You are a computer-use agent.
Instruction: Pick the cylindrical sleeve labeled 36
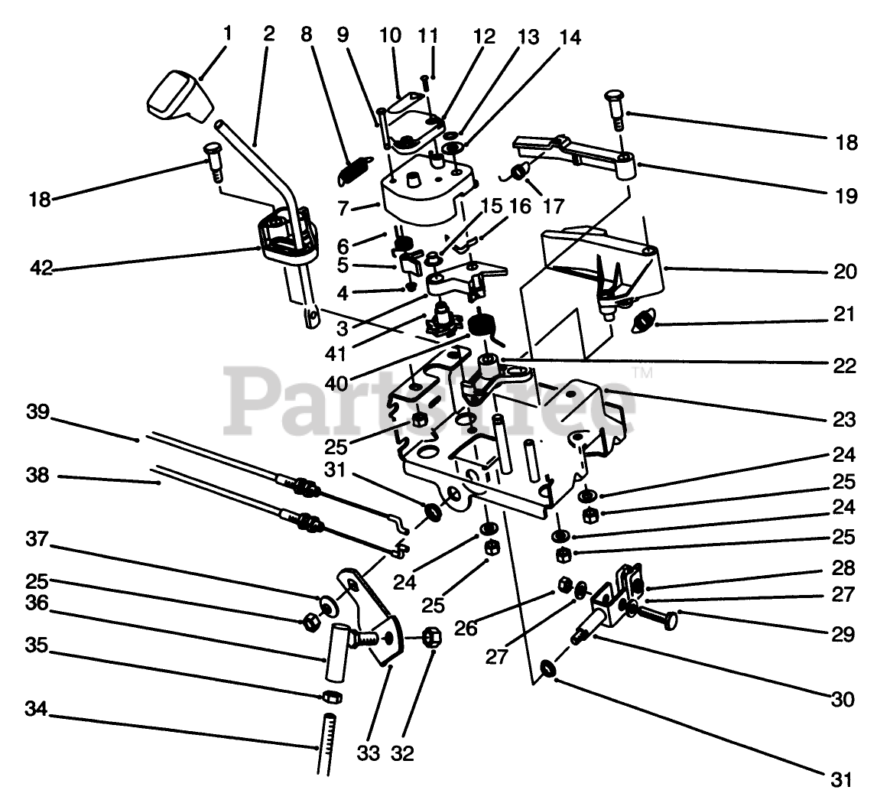pos(337,652)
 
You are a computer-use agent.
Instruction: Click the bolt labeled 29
pos(657,616)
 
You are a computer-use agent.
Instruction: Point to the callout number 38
pos(37,475)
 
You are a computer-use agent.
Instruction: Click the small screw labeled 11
pos(426,81)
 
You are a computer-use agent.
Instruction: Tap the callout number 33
pos(368,753)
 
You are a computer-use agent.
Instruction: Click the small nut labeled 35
pos(330,697)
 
